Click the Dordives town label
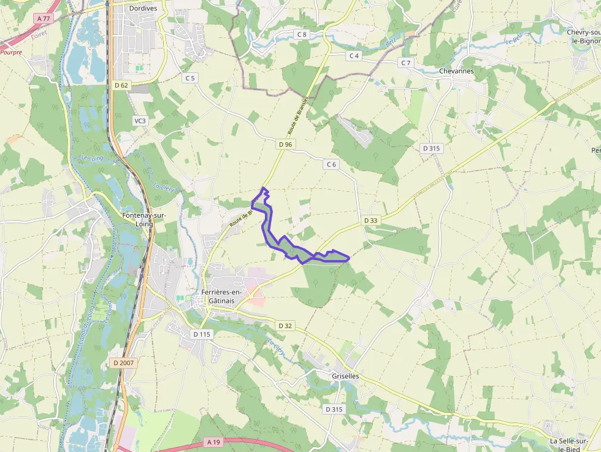(144, 9)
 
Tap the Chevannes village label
(456, 71)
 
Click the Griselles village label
(345, 376)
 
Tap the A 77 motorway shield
(44, 19)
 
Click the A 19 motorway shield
(213, 442)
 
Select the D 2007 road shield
(123, 363)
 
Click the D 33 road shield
(370, 220)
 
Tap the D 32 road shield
(284, 326)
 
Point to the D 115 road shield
(202, 334)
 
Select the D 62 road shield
(121, 85)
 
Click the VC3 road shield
(140, 121)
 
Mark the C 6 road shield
(331, 164)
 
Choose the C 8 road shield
(302, 34)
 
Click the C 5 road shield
(190, 78)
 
